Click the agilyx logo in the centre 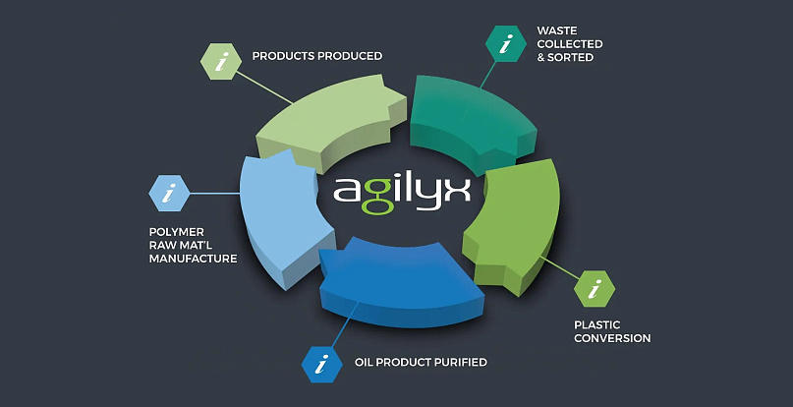click(401, 189)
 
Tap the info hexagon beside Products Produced click(221, 61)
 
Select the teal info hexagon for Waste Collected click(507, 44)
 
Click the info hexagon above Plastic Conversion click(594, 290)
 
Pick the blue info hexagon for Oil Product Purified click(321, 364)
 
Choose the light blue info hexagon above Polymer click(169, 194)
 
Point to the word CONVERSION click(612, 338)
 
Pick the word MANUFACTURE click(194, 259)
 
